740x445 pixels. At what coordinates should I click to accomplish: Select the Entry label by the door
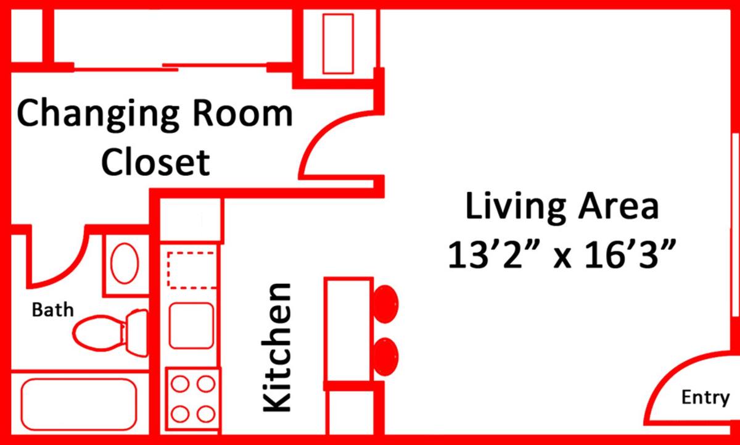point(705,397)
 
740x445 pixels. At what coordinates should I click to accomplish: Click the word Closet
point(155,162)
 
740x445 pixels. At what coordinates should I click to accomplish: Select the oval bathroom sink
point(125,264)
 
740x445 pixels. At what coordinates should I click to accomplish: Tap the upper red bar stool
point(386,304)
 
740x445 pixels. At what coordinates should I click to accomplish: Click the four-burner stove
point(193,398)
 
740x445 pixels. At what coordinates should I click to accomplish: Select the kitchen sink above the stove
point(191,325)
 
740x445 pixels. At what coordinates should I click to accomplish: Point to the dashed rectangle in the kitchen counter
point(191,269)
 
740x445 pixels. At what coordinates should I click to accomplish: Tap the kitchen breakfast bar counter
point(349,330)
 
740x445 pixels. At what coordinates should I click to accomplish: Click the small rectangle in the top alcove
point(338,43)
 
